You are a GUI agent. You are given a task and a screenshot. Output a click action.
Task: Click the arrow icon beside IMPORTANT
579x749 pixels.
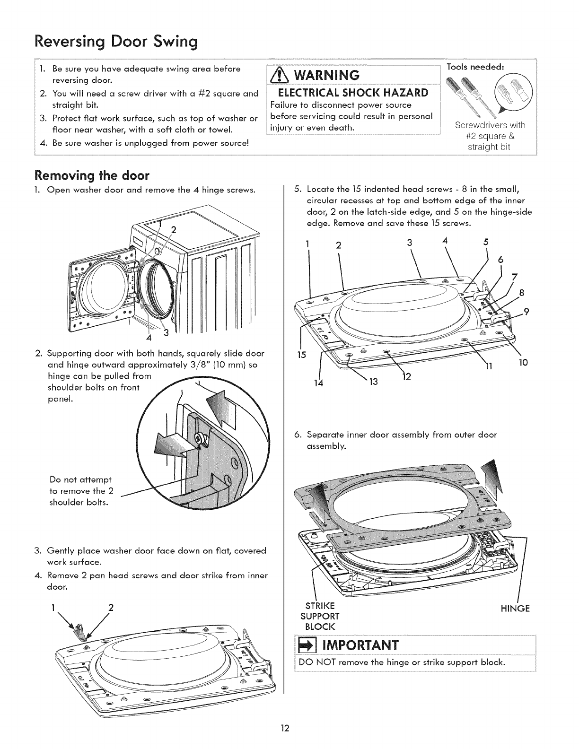coord(304,645)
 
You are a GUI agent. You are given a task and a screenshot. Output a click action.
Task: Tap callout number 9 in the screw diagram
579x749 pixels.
coord(526,311)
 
